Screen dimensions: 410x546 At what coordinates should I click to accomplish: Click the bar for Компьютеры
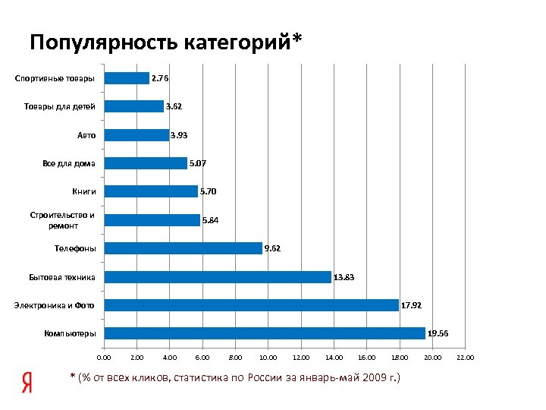tap(265, 333)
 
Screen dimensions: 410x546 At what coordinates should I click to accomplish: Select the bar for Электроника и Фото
tap(251, 305)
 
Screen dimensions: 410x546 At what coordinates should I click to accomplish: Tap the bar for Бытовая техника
tap(218, 277)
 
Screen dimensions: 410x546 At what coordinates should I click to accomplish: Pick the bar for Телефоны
tap(183, 248)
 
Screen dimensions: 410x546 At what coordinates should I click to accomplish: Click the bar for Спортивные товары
tap(127, 78)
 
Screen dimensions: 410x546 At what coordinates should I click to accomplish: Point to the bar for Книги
tap(151, 191)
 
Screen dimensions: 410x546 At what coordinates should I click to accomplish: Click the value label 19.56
tap(438, 333)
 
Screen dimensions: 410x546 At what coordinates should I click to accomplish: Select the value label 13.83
tap(344, 277)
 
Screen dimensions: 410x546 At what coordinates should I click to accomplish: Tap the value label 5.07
tap(199, 163)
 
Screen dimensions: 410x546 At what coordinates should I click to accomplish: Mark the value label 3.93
tap(179, 135)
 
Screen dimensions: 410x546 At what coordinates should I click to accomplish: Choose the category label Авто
tap(86, 135)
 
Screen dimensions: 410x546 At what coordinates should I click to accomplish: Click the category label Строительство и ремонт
tap(63, 220)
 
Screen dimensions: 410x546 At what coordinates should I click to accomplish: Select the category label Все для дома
tap(69, 163)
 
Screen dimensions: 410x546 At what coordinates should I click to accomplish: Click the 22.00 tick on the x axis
tap(464, 357)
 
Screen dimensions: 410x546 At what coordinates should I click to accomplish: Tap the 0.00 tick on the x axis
tap(104, 357)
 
